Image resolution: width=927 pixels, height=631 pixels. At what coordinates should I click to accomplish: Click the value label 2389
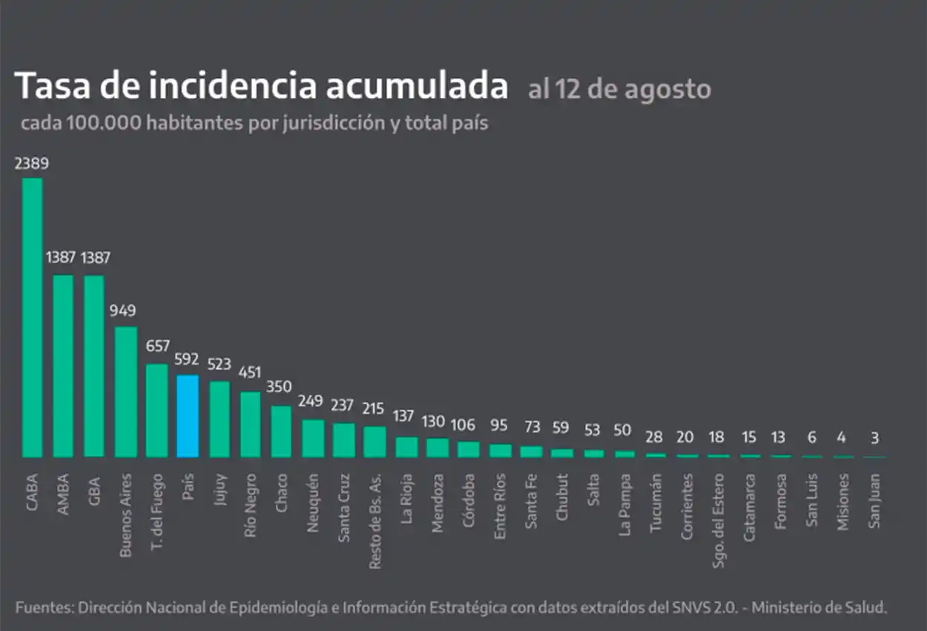(32, 164)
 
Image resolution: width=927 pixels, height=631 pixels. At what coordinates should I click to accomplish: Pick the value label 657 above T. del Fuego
(156, 346)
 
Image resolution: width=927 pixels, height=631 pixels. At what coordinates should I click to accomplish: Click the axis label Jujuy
(219, 490)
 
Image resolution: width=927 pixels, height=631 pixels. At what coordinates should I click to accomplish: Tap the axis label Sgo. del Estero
(717, 520)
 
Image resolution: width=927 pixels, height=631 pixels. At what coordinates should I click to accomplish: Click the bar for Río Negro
(250, 424)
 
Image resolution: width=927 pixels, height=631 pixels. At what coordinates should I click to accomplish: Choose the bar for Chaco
(281, 431)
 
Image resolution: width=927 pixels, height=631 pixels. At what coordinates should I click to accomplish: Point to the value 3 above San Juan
(875, 439)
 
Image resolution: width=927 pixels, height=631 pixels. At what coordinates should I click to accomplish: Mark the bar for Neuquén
(312, 438)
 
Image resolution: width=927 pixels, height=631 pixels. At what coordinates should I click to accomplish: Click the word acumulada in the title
(407, 86)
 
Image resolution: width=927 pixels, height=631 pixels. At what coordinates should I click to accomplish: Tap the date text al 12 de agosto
(619, 90)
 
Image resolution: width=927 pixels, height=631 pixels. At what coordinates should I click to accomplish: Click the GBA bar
(94, 366)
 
